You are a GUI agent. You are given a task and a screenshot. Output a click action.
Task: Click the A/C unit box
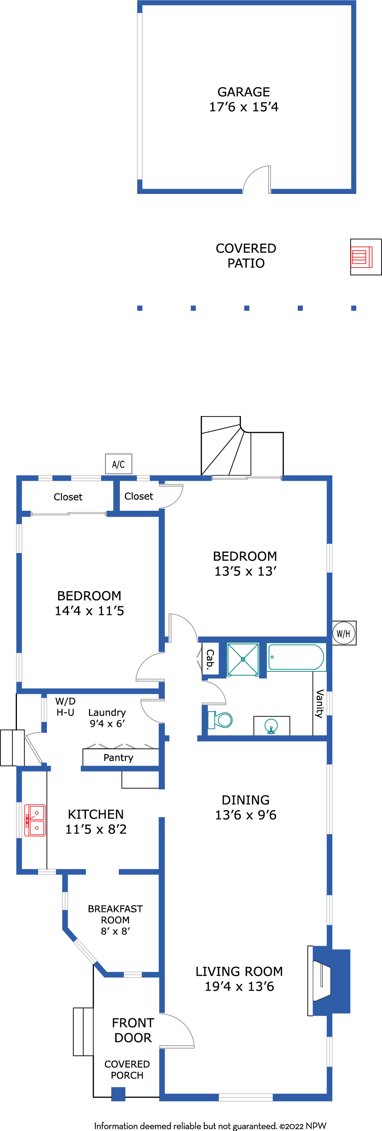[x=119, y=464]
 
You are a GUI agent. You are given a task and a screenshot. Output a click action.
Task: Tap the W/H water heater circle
[x=344, y=633]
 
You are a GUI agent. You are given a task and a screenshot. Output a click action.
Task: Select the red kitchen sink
[x=35, y=820]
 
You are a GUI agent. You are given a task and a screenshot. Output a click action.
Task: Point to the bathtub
[x=296, y=657]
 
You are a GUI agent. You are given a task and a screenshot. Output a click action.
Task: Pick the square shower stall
[x=243, y=659]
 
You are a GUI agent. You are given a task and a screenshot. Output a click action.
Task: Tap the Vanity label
[x=320, y=704]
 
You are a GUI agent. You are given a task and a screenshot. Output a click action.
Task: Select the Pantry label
[x=118, y=757]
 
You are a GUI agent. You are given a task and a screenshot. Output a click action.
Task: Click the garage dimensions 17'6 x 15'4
[x=244, y=107]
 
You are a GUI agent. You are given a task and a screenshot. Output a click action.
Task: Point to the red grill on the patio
[x=361, y=257]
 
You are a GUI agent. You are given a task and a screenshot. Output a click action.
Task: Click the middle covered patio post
[x=246, y=308]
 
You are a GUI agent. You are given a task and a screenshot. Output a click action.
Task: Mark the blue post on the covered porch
[x=118, y=1094]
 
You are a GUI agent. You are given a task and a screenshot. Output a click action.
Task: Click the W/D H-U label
[x=66, y=707]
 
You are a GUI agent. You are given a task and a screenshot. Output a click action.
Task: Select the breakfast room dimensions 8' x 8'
[x=115, y=931]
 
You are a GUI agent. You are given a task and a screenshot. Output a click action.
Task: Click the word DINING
[x=246, y=800]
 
